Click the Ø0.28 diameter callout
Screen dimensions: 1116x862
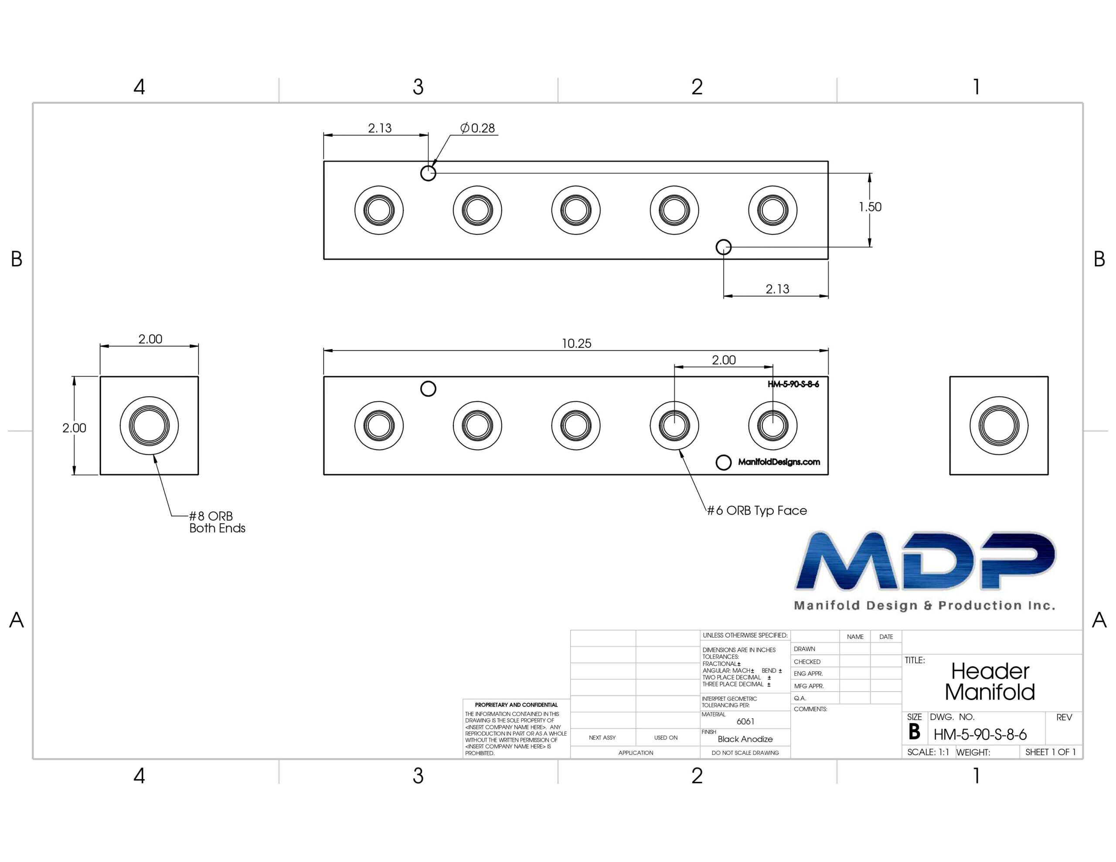point(477,128)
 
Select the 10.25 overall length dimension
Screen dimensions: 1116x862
point(576,343)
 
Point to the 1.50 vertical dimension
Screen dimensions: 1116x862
point(870,207)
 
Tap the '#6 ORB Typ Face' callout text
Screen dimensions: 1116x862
point(757,510)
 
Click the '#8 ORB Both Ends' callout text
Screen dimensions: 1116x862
point(217,522)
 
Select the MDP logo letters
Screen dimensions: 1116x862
point(925,560)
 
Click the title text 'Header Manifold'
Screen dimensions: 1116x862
point(990,682)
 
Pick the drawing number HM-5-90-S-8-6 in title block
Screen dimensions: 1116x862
point(980,735)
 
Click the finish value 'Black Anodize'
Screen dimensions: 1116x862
point(745,739)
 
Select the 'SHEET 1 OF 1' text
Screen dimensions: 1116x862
point(1051,752)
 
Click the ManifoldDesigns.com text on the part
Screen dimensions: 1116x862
point(779,462)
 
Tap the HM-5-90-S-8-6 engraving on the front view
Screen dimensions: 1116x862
point(793,384)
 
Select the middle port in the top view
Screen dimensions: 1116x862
point(576,210)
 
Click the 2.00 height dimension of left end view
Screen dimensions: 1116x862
point(74,428)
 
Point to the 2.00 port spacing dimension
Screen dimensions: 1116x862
point(724,360)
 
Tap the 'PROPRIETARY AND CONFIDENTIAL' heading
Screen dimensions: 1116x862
point(516,705)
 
